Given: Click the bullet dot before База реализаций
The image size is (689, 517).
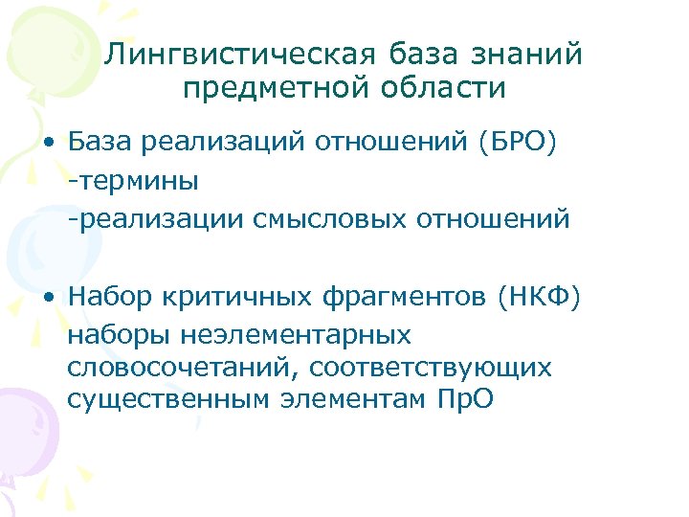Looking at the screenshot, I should pos(47,144).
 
